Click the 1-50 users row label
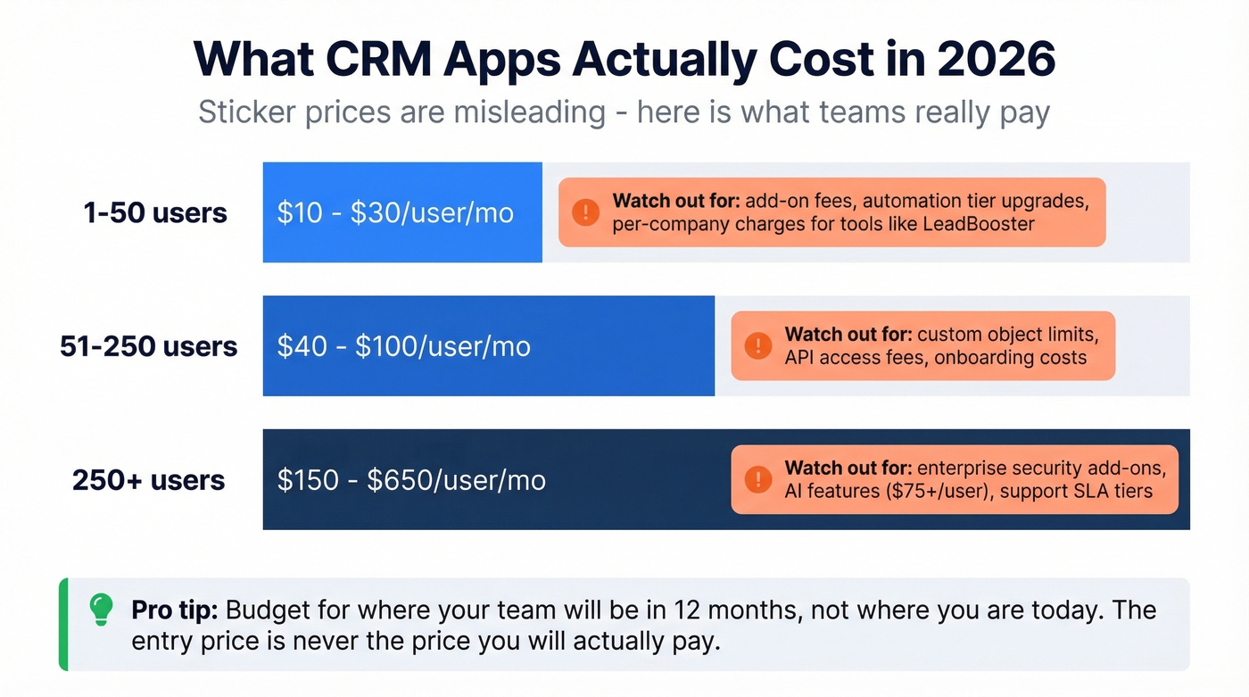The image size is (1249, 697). tap(155, 213)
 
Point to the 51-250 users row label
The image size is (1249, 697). tap(148, 346)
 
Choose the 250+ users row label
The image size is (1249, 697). tap(148, 480)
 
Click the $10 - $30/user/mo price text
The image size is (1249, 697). tap(395, 213)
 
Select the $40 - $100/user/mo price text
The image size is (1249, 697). tap(403, 346)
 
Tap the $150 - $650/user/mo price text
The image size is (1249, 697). tap(410, 480)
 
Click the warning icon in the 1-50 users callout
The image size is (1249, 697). tap(585, 212)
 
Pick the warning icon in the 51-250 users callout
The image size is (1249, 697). tap(757, 345)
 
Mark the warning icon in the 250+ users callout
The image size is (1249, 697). tap(757, 479)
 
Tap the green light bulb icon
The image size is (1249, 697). tap(101, 610)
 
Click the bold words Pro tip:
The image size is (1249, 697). tap(174, 610)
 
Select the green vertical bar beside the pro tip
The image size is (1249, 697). tap(63, 624)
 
